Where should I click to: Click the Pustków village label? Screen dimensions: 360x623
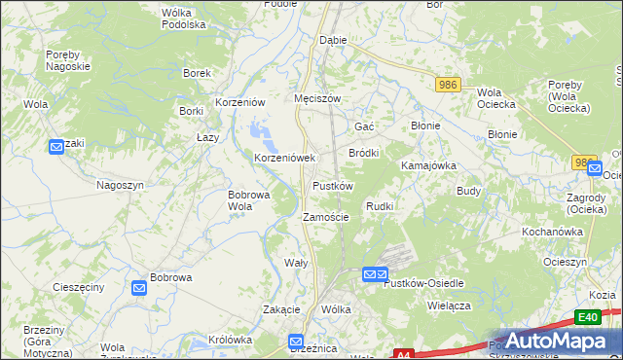(332, 185)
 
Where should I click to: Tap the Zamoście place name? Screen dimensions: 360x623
(325, 217)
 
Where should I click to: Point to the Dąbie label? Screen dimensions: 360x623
(334, 41)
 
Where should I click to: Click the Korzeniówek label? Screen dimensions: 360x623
(284, 157)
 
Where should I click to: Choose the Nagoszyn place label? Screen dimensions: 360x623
(120, 184)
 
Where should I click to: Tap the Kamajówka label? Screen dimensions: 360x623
(428, 165)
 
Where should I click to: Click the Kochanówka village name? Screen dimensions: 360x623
(552, 232)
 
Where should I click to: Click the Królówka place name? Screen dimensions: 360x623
(231, 340)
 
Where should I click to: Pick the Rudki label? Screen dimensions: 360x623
(379, 206)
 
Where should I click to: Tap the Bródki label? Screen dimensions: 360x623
(363, 153)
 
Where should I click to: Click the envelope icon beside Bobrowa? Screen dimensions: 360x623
(139, 288)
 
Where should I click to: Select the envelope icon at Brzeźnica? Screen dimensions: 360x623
(297, 342)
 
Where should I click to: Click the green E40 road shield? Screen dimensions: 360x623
(586, 317)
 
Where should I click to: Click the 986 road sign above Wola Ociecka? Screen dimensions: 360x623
(448, 87)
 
